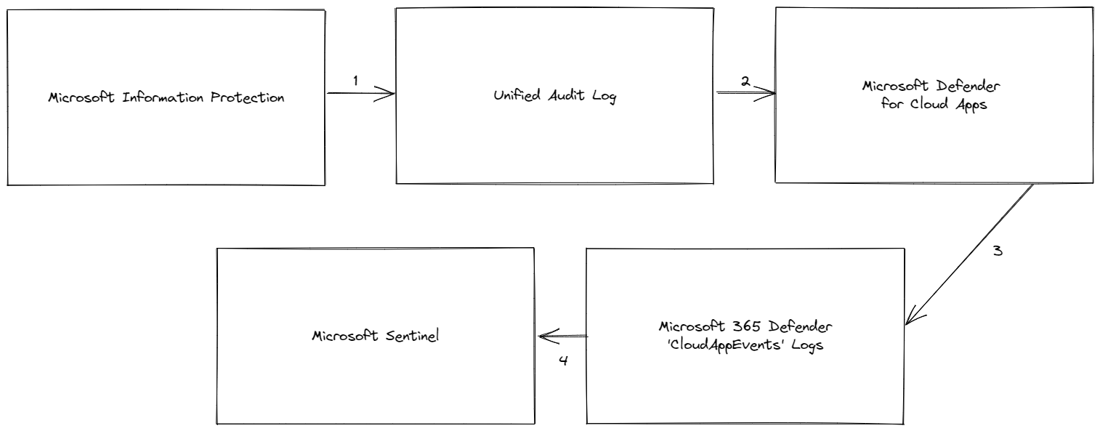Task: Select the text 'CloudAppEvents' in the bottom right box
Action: pos(748,345)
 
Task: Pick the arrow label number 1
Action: pos(355,81)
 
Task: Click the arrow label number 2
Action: pos(745,81)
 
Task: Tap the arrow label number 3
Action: pos(998,251)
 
